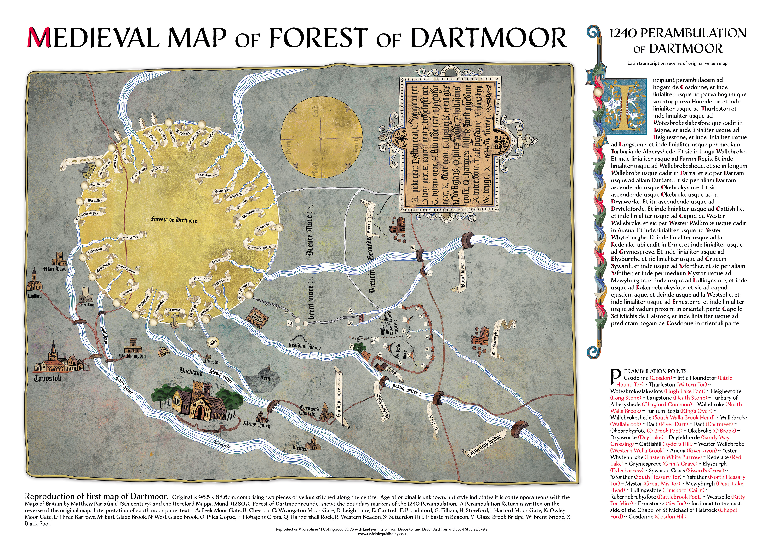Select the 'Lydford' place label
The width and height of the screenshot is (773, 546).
[34, 296]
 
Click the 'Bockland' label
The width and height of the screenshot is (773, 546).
[191, 371]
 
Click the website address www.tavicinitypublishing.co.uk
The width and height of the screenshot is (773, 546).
[383, 534]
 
